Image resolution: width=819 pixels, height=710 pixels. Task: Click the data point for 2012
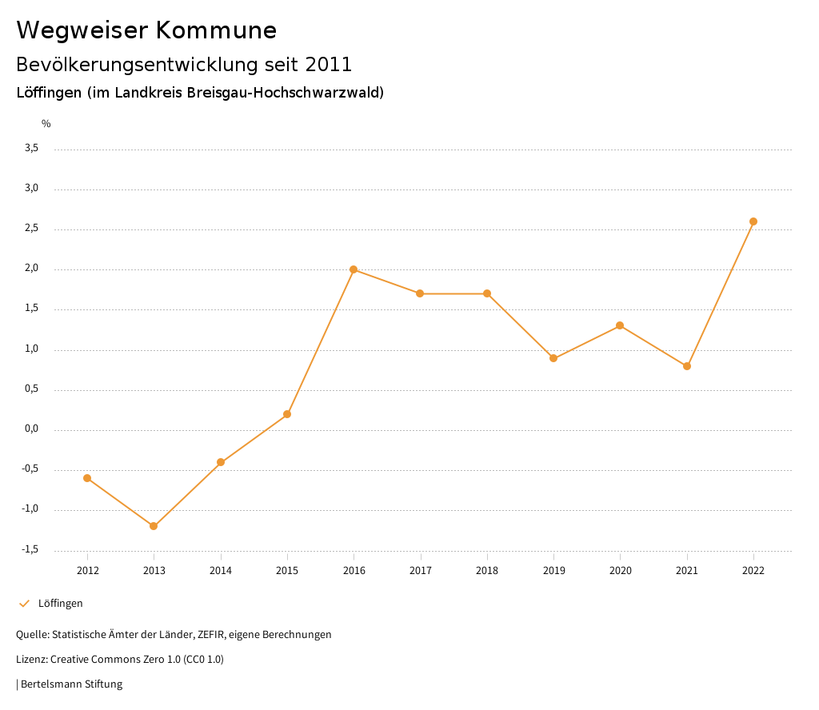pyautogui.click(x=87, y=478)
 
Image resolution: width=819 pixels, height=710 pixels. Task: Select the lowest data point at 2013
pyautogui.click(x=154, y=526)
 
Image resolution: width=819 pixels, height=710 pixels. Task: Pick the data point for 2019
pyautogui.click(x=553, y=358)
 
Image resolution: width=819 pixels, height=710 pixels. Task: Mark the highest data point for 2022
pyautogui.click(x=753, y=221)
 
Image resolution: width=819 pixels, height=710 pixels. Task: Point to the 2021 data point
pyautogui.click(x=687, y=366)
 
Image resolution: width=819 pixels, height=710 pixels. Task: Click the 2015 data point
pyautogui.click(x=287, y=414)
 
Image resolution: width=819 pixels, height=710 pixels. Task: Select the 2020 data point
pyautogui.click(x=620, y=325)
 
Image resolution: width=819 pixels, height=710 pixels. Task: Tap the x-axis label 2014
pyautogui.click(x=221, y=571)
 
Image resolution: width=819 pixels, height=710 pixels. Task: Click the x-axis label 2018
pyautogui.click(x=487, y=571)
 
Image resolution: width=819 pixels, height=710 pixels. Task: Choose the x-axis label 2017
pyautogui.click(x=421, y=571)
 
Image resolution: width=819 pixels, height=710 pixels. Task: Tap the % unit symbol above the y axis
pyautogui.click(x=46, y=124)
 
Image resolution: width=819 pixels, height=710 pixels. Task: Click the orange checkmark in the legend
pyautogui.click(x=24, y=604)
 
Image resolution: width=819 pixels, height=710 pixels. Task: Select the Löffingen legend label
pyautogui.click(x=61, y=604)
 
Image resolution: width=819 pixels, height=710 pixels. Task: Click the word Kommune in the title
pyautogui.click(x=216, y=30)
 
